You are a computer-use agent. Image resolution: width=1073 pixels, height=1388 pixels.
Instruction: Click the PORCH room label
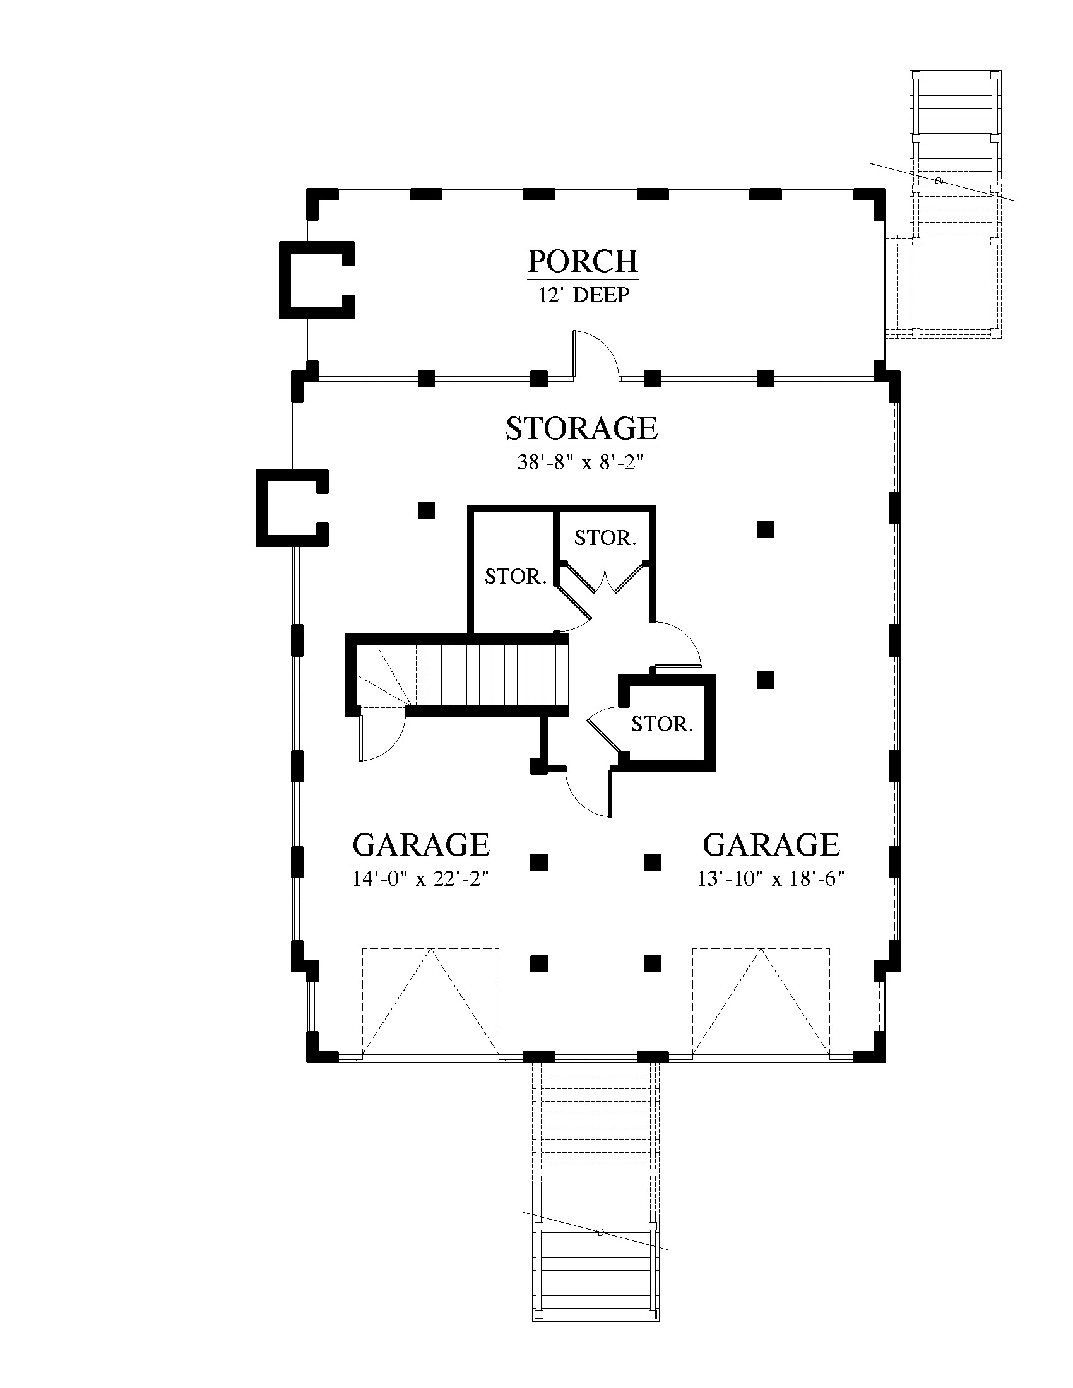(583, 261)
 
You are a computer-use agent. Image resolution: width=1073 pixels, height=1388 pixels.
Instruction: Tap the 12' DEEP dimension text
(584, 295)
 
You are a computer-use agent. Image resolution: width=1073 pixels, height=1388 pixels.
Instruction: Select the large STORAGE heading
(581, 428)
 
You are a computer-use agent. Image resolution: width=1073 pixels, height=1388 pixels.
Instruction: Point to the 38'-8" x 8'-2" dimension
(581, 462)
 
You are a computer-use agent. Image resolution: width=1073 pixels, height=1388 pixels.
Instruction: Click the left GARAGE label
(421, 845)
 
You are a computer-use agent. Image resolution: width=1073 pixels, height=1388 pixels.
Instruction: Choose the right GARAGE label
(771, 845)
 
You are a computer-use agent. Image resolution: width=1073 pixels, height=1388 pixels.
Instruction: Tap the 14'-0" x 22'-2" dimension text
(421, 879)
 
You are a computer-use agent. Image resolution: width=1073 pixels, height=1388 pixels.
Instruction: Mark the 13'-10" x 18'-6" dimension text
(771, 879)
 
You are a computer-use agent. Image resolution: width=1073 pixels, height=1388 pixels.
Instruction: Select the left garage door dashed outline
(431, 1003)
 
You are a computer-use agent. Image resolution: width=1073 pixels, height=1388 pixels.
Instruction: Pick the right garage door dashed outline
(761, 1003)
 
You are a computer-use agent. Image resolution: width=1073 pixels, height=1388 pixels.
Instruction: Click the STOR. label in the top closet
(605, 538)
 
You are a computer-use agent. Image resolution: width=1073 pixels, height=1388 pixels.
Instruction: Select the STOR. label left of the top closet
(516, 577)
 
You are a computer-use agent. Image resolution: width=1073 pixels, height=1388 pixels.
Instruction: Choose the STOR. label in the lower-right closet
(661, 724)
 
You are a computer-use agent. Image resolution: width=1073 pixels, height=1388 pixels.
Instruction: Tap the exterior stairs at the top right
(956, 204)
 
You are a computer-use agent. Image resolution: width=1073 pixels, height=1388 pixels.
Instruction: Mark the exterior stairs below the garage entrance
(595, 1220)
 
